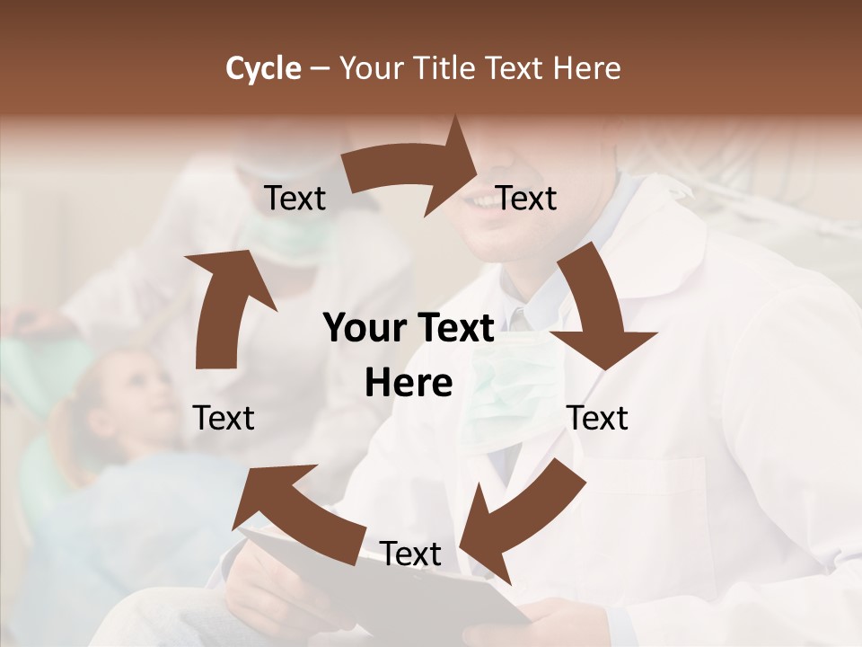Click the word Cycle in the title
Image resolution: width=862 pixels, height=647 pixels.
click(x=263, y=68)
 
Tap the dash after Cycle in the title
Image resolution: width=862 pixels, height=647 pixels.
click(x=320, y=69)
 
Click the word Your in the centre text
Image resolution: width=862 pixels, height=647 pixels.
click(x=367, y=329)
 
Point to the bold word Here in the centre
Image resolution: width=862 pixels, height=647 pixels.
click(x=409, y=384)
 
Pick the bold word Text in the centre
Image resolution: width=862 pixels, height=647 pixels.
click(x=453, y=329)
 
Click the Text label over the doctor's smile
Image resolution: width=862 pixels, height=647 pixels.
click(x=526, y=198)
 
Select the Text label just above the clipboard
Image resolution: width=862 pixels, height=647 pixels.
click(x=410, y=554)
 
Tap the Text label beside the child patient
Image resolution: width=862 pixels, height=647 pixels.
click(x=224, y=418)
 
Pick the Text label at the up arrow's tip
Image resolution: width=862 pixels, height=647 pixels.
click(x=295, y=198)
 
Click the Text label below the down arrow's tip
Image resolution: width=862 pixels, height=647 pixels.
click(x=597, y=418)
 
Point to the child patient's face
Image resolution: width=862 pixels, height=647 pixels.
click(x=135, y=395)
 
